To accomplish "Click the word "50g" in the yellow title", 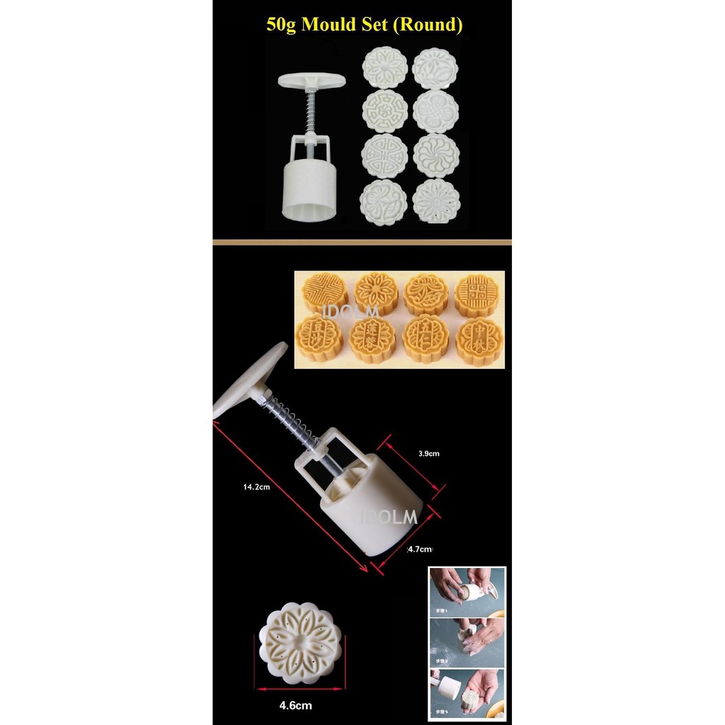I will coord(282,25).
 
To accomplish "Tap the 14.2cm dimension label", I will coord(256,486).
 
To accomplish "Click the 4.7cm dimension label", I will coord(420,549).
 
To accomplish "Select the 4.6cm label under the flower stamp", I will coord(295,705).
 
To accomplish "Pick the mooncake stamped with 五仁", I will coord(426,338).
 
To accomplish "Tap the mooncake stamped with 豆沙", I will coord(319,339).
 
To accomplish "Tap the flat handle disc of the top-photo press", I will coord(312,80).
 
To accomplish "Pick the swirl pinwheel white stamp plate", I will coord(435,156).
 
